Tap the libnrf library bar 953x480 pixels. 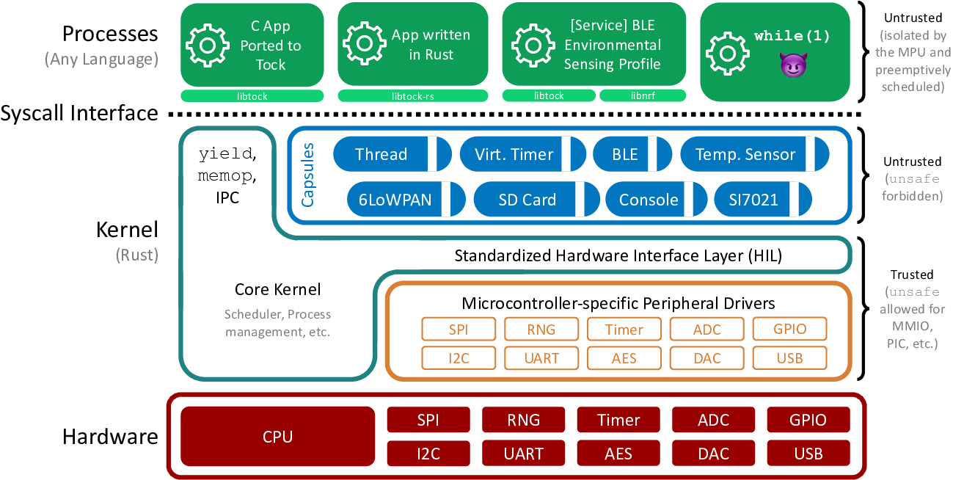coord(642,96)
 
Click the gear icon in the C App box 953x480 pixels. coord(207,46)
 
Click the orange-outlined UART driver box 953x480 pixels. coord(541,358)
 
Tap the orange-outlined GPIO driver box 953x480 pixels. coord(789,329)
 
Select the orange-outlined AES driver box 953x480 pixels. coord(624,358)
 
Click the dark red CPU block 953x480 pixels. coord(277,437)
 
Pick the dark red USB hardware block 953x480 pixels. coord(808,454)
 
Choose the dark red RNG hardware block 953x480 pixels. coord(523,420)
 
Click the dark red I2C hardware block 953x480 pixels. coord(428,454)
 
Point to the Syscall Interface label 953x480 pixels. coord(79,113)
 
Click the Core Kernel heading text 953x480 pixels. coord(277,290)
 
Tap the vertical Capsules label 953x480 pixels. coord(309,175)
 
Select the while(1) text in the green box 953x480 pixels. coord(792,36)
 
